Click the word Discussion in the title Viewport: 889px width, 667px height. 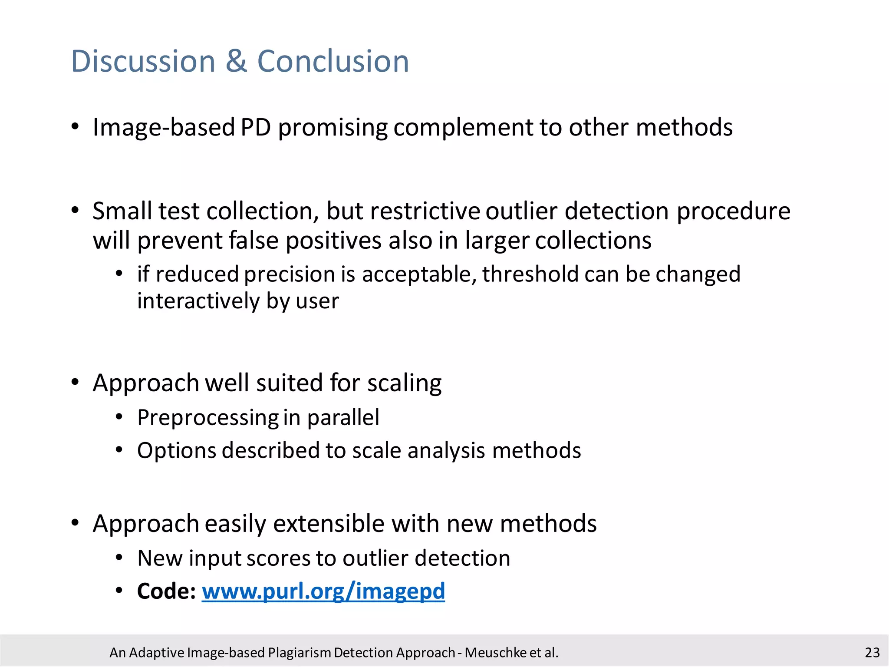(143, 61)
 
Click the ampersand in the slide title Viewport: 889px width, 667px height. (236, 61)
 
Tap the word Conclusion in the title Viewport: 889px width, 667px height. (333, 61)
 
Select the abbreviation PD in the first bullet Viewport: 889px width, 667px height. (256, 128)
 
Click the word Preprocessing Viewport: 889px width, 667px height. (208, 418)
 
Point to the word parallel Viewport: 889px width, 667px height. (343, 418)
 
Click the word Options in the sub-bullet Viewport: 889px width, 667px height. (177, 451)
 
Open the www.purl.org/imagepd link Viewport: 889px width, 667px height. (323, 591)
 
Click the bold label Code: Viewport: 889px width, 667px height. (167, 591)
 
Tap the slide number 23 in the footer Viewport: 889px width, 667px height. (872, 653)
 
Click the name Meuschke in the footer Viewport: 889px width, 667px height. (495, 653)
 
